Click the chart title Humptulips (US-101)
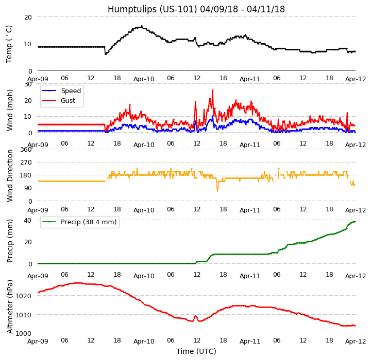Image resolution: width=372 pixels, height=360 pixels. (x=196, y=9)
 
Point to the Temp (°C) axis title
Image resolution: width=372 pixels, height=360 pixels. (x=9, y=44)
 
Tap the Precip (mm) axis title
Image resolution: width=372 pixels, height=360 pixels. (x=10, y=241)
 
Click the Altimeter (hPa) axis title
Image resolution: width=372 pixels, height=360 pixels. (x=10, y=307)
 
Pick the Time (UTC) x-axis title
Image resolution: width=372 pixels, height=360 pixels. (x=196, y=351)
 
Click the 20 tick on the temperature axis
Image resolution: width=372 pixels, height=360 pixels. (x=28, y=17)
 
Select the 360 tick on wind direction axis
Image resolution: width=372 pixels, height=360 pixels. (x=26, y=150)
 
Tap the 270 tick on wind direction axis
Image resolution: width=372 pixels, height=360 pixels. (x=26, y=163)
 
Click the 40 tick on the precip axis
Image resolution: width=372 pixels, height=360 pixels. (x=28, y=220)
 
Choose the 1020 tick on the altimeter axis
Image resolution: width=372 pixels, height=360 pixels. (x=24, y=296)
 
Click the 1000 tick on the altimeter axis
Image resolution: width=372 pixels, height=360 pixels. (x=24, y=333)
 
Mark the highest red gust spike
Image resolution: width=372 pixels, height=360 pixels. (x=212, y=91)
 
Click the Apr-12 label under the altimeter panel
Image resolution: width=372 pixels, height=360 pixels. (x=356, y=341)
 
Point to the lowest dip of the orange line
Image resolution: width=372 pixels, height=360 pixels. (x=217, y=191)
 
